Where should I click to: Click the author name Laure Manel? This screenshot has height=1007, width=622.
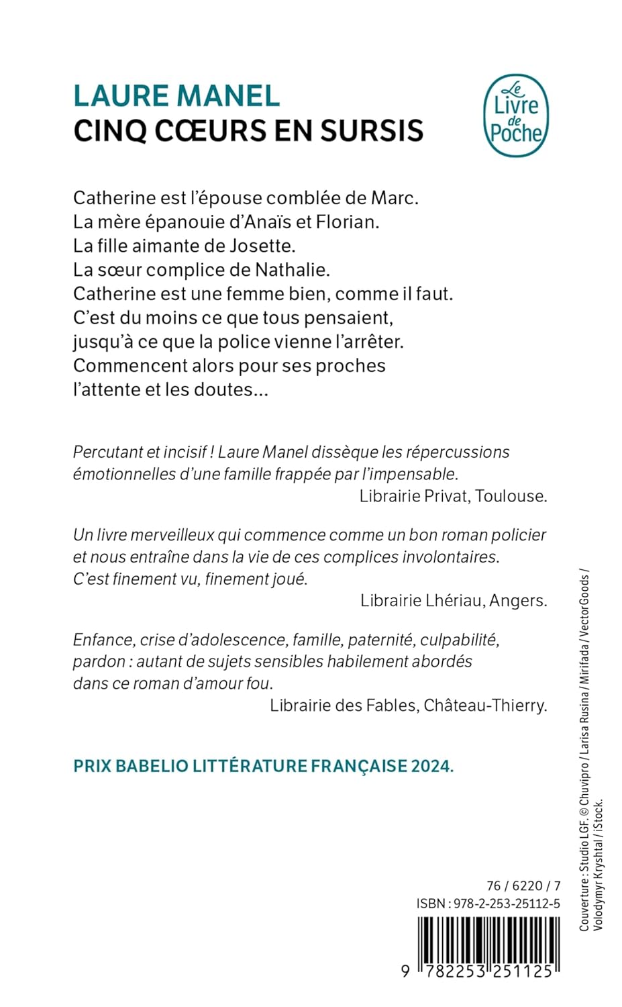coord(176,95)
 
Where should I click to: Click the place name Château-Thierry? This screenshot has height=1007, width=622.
coord(486,705)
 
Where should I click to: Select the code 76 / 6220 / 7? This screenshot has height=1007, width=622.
coord(523,885)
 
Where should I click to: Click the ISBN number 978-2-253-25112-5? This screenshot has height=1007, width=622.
coord(507,904)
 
